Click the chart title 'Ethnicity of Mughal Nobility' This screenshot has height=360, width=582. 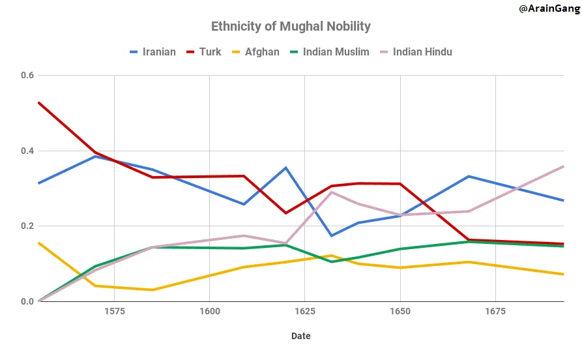coord(291,27)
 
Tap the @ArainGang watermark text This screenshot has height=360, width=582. coord(549,8)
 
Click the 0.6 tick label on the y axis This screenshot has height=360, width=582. coord(27,75)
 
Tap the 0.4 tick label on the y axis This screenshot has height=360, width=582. coord(27,151)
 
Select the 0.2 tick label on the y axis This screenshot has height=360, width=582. coord(27,226)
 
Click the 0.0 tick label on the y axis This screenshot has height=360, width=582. coord(27,301)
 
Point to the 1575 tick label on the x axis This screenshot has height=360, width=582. coord(114,312)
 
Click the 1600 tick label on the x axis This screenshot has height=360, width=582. coord(209,312)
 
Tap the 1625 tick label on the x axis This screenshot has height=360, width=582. coord(305,312)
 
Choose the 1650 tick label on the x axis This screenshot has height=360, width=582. coord(400,312)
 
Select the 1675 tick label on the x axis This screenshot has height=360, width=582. coord(496,312)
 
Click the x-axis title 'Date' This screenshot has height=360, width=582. coord(300,337)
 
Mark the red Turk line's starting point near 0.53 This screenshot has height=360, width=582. coord(38,102)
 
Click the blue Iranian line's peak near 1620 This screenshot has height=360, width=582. coord(286,168)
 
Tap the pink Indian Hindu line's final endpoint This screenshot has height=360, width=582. coord(564,166)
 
